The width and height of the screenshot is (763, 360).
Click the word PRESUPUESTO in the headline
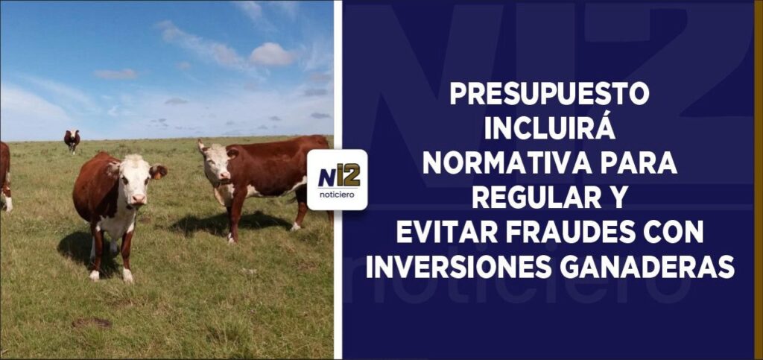549,94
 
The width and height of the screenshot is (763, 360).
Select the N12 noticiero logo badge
338,180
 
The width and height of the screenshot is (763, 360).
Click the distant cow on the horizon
72,141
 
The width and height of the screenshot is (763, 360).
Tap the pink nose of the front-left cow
139,199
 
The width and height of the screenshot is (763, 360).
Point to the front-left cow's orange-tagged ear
158,171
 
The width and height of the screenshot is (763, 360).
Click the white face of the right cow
217,164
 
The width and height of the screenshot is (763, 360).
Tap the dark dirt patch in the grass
92,323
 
